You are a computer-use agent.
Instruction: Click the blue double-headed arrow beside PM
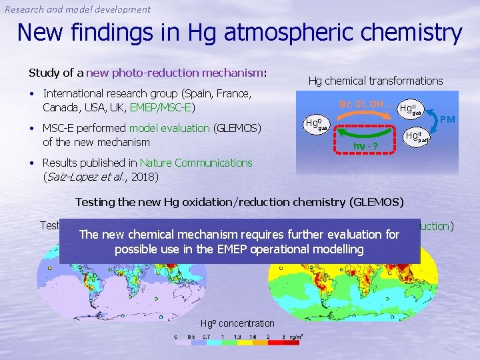(435, 123)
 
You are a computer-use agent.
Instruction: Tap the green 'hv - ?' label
(365, 145)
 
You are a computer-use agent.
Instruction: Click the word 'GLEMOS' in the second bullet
(237, 128)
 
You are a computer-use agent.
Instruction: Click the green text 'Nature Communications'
(196, 163)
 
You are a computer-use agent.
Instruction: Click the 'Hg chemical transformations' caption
(375, 81)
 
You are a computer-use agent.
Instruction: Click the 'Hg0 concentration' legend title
(237, 323)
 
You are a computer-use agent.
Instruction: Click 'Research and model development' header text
(78, 9)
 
